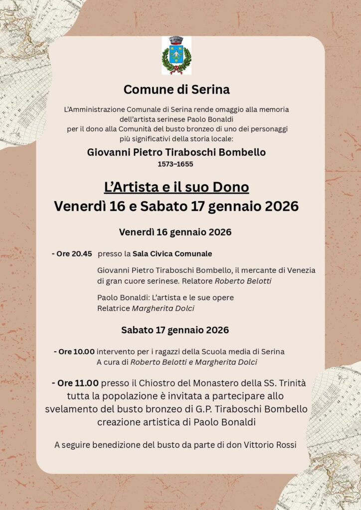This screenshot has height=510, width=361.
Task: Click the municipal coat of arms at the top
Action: pyautogui.click(x=177, y=55)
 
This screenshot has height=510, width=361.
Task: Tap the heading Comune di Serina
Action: pyautogui.click(x=177, y=90)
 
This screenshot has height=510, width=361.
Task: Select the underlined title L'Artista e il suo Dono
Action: pyautogui.click(x=177, y=188)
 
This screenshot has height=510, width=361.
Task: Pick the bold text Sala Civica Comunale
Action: pyautogui.click(x=172, y=254)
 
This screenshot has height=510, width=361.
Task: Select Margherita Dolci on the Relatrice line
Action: pyautogui.click(x=163, y=308)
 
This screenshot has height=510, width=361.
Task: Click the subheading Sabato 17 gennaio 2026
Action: pyautogui.click(x=175, y=330)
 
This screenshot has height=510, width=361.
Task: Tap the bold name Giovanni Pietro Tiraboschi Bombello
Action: pyautogui.click(x=177, y=152)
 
